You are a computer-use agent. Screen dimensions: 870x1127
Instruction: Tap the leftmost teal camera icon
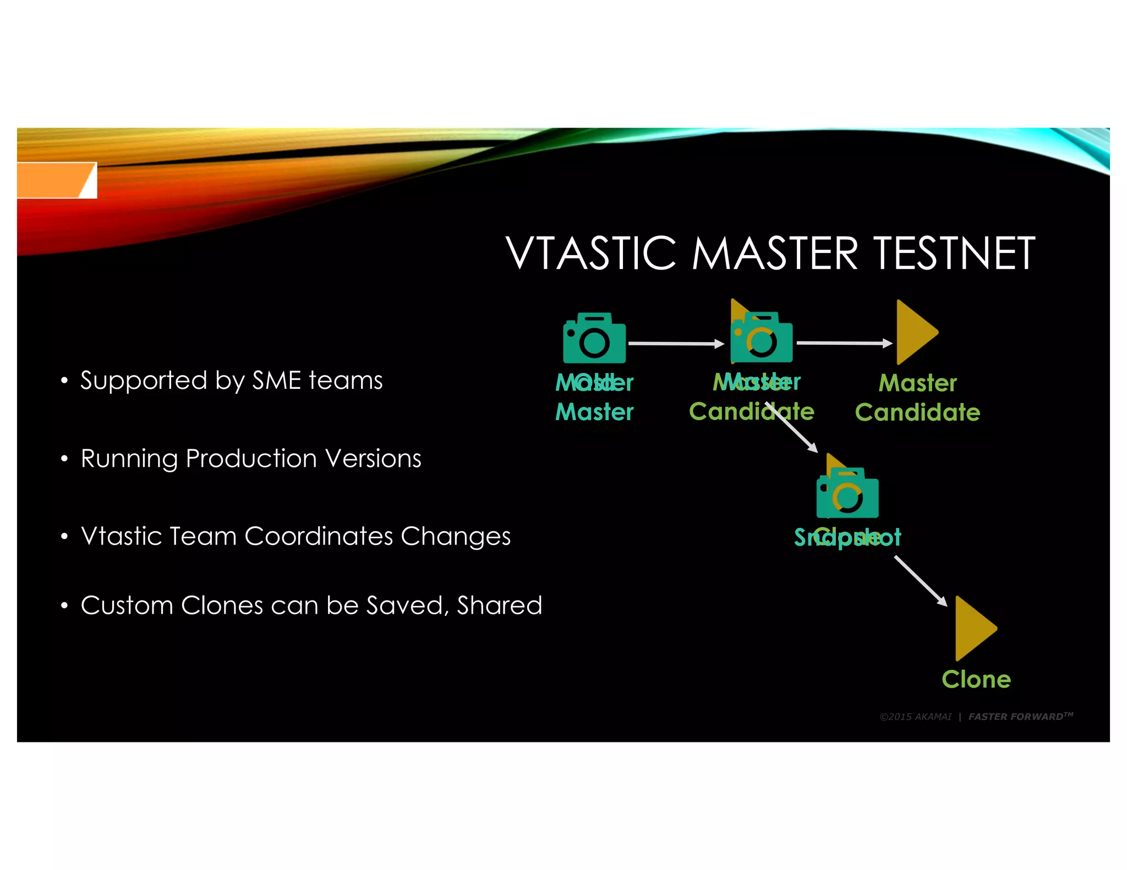[x=594, y=338]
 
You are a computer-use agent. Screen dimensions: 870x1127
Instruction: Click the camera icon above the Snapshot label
[x=847, y=493]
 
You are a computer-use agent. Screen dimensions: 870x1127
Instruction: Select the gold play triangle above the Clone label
[x=975, y=629]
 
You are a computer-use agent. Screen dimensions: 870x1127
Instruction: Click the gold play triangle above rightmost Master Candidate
[x=916, y=332]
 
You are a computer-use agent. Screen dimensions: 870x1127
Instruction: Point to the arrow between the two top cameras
[x=676, y=344]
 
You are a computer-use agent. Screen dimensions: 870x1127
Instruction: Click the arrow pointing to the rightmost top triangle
[x=844, y=343]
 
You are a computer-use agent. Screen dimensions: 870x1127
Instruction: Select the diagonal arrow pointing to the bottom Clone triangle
[x=920, y=581]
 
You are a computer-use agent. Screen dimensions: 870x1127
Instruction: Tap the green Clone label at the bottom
[x=976, y=680]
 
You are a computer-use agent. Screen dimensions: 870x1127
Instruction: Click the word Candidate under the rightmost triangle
[x=917, y=412]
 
